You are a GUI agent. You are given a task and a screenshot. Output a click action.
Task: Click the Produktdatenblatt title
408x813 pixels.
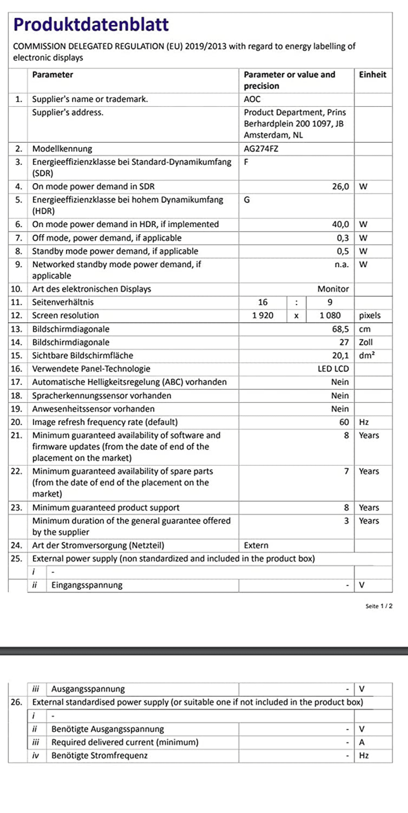(x=91, y=25)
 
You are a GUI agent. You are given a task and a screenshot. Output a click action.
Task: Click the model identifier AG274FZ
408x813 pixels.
(x=261, y=149)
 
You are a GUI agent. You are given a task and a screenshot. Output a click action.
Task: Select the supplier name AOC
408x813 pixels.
(x=252, y=99)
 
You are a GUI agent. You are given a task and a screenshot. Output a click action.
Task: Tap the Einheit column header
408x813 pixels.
(x=373, y=75)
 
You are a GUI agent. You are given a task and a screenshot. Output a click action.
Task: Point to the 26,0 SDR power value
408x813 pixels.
(x=340, y=187)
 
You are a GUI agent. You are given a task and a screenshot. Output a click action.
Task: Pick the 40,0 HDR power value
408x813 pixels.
(x=340, y=224)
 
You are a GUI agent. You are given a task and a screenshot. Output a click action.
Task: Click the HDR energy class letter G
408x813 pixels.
(x=247, y=200)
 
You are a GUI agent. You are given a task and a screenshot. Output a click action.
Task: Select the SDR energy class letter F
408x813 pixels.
(x=246, y=162)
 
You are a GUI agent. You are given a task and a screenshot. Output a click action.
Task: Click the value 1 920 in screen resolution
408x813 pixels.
(x=263, y=316)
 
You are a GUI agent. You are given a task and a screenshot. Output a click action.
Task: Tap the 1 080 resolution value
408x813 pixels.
(x=330, y=316)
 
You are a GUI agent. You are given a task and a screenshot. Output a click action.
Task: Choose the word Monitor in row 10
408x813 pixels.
(x=333, y=289)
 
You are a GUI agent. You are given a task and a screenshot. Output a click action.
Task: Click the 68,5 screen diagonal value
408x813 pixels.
(x=340, y=329)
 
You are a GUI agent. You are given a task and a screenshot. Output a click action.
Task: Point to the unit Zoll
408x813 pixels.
(x=366, y=342)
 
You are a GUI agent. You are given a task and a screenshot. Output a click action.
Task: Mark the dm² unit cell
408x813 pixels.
(x=367, y=356)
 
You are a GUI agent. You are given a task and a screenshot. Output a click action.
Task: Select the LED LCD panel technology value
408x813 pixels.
(x=333, y=369)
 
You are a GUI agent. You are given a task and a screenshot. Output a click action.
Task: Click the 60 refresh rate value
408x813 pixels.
(x=344, y=422)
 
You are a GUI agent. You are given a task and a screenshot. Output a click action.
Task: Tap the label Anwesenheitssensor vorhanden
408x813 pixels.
(x=93, y=409)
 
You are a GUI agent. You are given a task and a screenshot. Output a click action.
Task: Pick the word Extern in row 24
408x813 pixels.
(x=256, y=545)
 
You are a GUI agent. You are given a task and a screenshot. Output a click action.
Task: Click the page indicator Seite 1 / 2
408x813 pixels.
(x=379, y=606)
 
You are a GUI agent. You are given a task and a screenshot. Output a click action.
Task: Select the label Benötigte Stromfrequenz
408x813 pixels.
(x=99, y=755)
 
